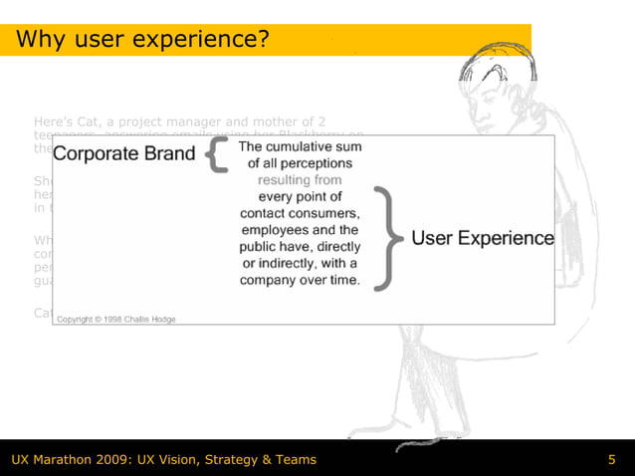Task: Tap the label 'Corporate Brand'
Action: click(123, 155)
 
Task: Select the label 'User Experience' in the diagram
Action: click(483, 239)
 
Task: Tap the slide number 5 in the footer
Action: click(612, 459)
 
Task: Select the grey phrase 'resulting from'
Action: click(300, 180)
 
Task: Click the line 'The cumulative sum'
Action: click(300, 146)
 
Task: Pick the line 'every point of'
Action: click(300, 197)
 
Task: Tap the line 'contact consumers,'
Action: click(300, 214)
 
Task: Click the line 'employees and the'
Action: click(300, 231)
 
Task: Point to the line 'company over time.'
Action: click(300, 282)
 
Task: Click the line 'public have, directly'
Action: click(300, 248)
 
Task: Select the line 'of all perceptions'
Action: click(300, 163)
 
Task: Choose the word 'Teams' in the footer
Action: click(293, 459)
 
